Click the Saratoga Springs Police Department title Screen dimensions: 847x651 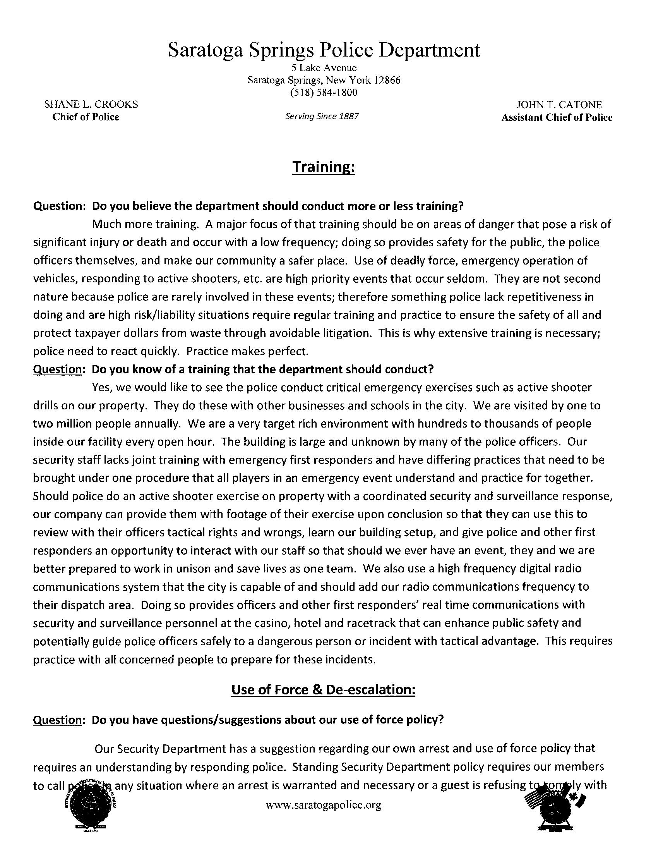[324, 51]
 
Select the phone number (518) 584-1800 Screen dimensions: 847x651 [324, 93]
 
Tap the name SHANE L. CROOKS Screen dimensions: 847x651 [91, 104]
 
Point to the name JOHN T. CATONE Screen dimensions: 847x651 [559, 105]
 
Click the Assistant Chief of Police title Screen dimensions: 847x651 [557, 117]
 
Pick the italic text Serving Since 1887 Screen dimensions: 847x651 [322, 117]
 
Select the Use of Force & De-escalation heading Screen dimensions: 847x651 [323, 690]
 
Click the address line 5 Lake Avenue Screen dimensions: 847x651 [324, 68]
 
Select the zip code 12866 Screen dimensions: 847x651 [387, 80]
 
